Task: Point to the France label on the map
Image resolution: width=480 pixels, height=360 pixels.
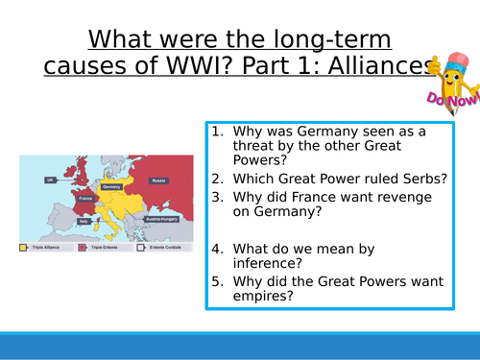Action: [x=85, y=199]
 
